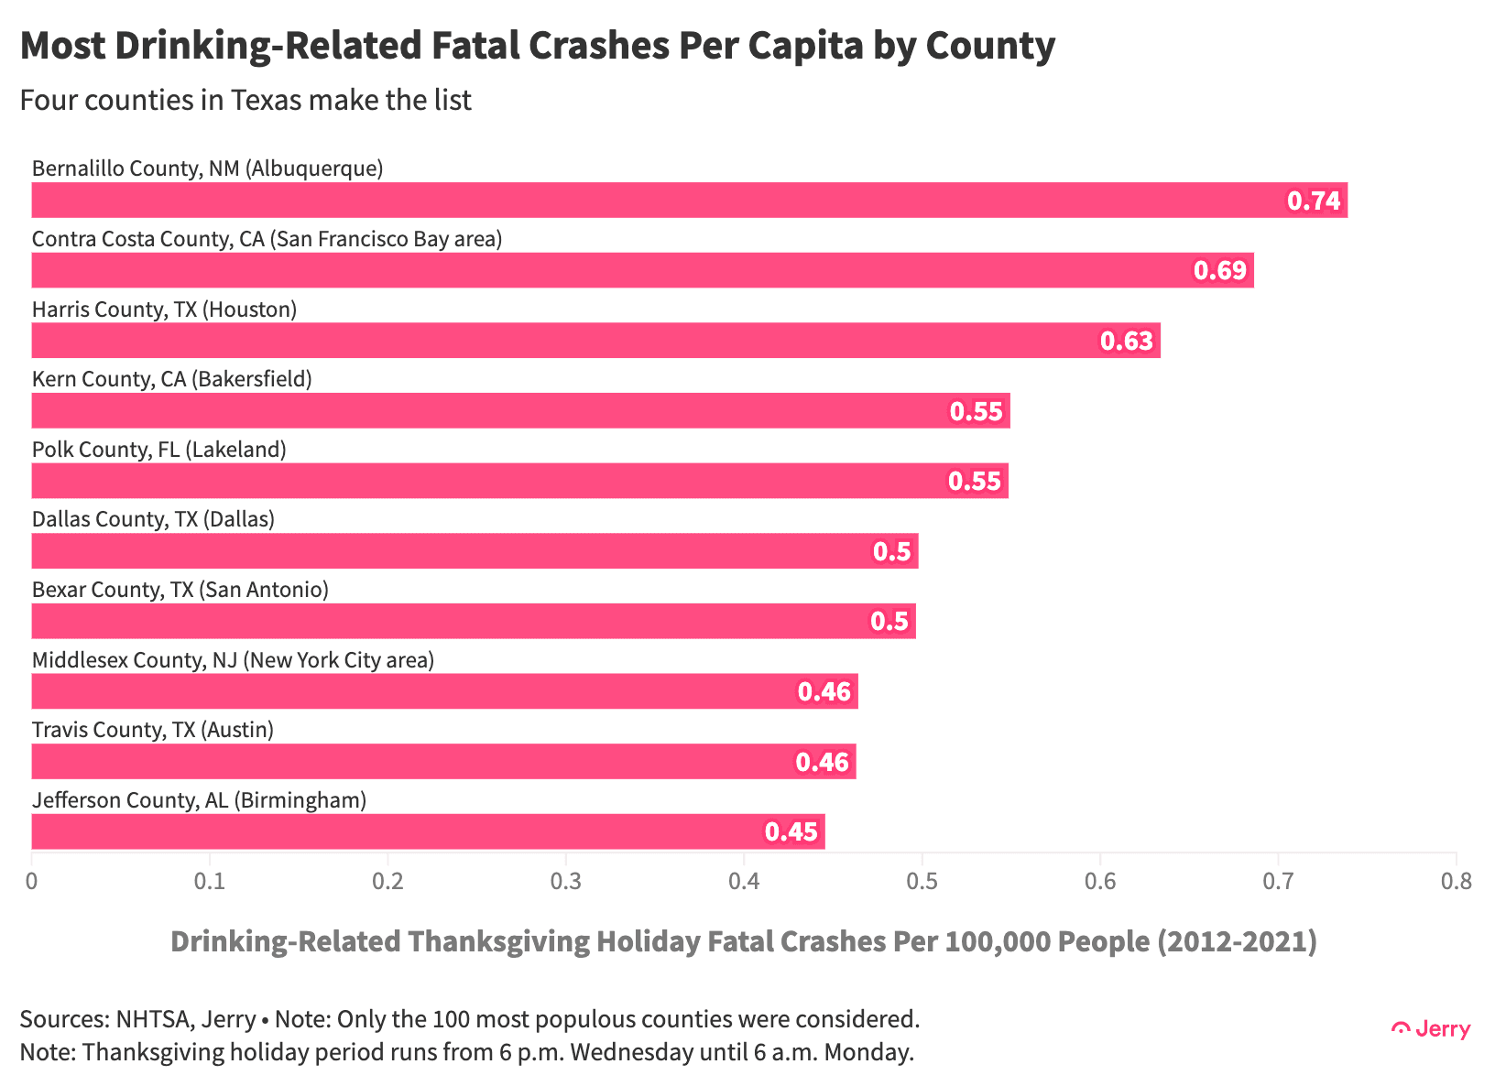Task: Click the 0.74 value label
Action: [1314, 201]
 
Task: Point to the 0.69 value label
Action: [1220, 271]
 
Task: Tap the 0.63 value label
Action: [1127, 342]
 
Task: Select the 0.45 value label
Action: [791, 832]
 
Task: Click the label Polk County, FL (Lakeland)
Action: [159, 450]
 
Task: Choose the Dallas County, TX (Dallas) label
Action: [154, 519]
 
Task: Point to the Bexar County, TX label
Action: [180, 590]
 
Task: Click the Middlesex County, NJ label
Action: [233, 660]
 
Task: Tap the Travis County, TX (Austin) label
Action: [153, 730]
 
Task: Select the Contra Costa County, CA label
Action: [267, 239]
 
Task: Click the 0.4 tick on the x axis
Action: [744, 881]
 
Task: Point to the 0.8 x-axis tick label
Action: [1456, 881]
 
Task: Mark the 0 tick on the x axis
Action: [32, 881]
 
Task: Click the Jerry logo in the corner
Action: [1431, 1029]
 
